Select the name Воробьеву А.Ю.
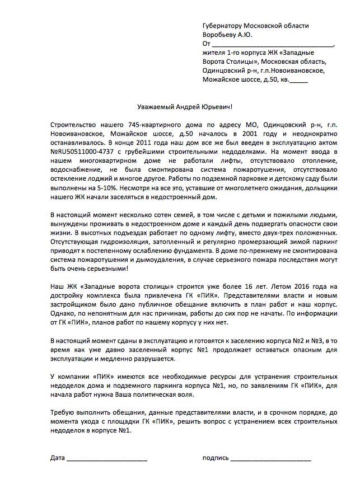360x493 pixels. tap(227, 35)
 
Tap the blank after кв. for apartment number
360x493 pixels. tap(299, 80)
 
